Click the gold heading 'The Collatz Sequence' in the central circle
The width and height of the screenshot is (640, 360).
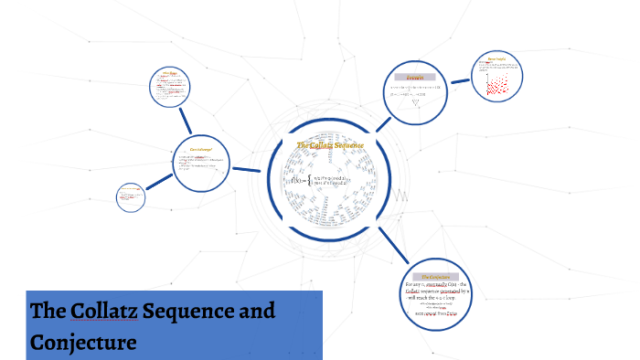330,145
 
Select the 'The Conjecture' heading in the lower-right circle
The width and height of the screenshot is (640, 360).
434,275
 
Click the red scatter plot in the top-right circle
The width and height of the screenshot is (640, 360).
496,86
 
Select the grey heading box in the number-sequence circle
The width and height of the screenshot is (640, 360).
415,77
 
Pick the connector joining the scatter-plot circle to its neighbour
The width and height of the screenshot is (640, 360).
460,81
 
